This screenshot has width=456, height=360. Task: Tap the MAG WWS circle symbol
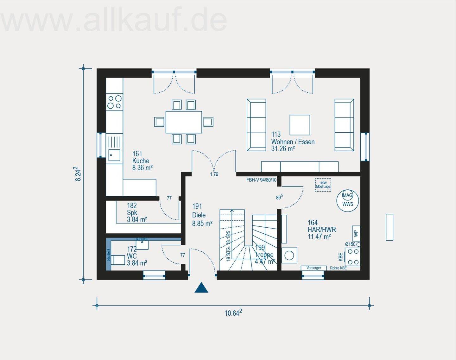pos(347,200)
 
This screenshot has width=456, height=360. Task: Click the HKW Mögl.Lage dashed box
pos(323,185)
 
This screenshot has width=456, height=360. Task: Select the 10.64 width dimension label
pos(233,313)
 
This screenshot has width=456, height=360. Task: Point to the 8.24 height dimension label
pos(78,174)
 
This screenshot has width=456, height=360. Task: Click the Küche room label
pos(141,161)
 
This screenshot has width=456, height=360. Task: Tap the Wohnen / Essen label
pos(293,142)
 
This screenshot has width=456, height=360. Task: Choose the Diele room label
pos(199,215)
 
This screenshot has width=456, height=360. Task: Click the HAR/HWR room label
pos(322,230)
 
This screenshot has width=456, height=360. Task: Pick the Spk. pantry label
pos(133,212)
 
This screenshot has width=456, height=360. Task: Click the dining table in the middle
pos(184,122)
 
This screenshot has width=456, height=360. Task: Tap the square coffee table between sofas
pos(300,125)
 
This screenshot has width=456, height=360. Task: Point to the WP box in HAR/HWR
pos(356,233)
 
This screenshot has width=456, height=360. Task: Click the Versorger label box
pos(313,268)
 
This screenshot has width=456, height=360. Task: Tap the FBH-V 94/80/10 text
pos(261,180)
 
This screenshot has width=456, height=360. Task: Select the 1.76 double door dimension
pos(214,174)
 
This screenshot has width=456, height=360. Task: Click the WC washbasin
pos(142,244)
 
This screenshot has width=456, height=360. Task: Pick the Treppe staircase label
pos(264,255)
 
